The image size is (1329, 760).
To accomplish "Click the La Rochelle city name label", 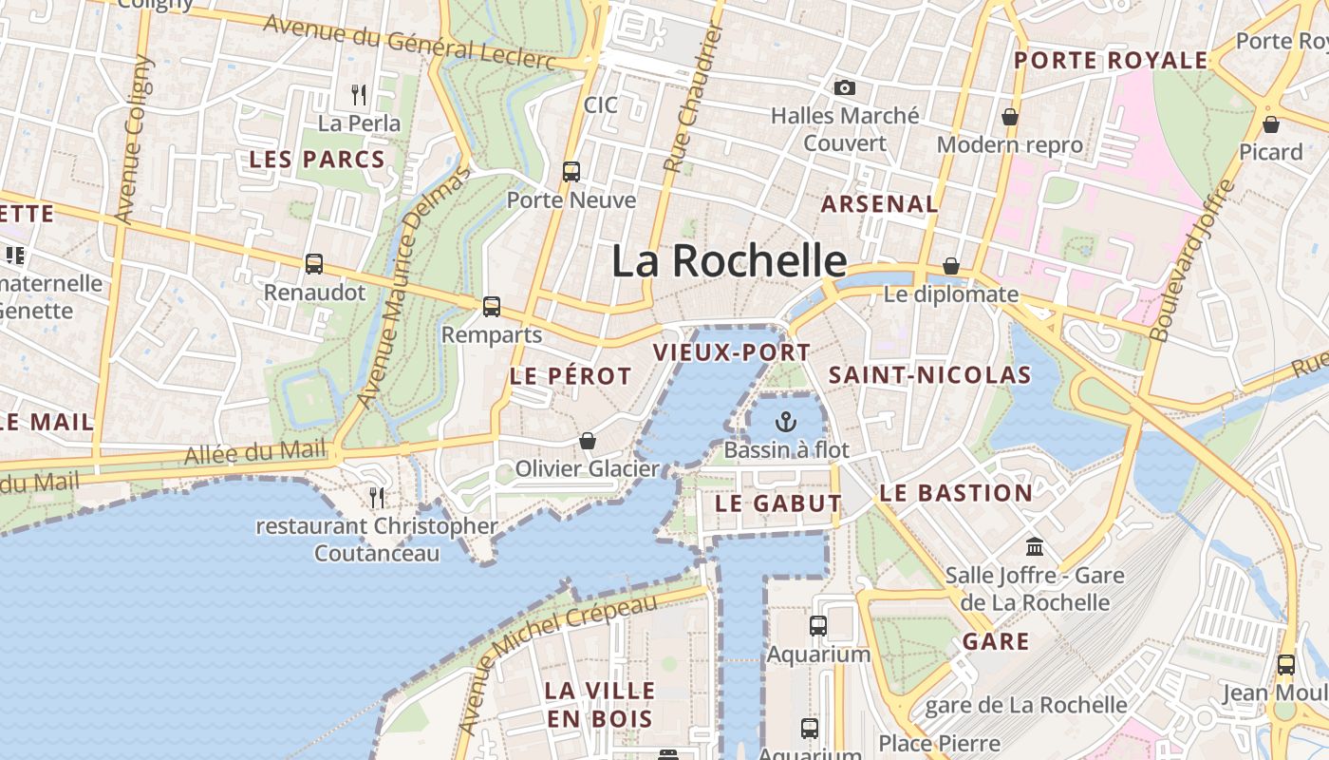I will (x=729, y=261).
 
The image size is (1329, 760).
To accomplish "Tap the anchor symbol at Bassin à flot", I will (x=786, y=422).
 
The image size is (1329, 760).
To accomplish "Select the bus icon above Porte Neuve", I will (x=571, y=172).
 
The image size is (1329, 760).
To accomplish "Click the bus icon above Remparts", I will (x=491, y=307).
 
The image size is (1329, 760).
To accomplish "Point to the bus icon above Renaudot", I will (x=314, y=264).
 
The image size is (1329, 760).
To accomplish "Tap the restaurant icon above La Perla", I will (x=359, y=95).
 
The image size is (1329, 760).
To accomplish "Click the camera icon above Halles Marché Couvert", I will (x=844, y=88).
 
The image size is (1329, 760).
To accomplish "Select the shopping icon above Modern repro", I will (x=1009, y=117).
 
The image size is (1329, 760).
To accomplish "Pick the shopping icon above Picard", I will (x=1270, y=124).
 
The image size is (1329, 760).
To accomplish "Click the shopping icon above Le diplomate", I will (x=950, y=267).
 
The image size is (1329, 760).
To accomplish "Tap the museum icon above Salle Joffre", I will (x=1035, y=547).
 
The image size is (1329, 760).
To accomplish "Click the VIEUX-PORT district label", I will (x=732, y=353).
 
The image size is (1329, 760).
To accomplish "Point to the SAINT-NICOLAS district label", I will (x=929, y=375).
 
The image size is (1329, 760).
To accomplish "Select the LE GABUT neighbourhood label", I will (x=778, y=503).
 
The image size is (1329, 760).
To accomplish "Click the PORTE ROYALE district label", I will (x=1111, y=61).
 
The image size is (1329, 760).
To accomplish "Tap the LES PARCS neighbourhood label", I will (x=317, y=160).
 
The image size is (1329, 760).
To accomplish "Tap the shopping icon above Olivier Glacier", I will (x=588, y=441).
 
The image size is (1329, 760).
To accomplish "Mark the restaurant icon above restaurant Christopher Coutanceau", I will (x=377, y=498).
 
